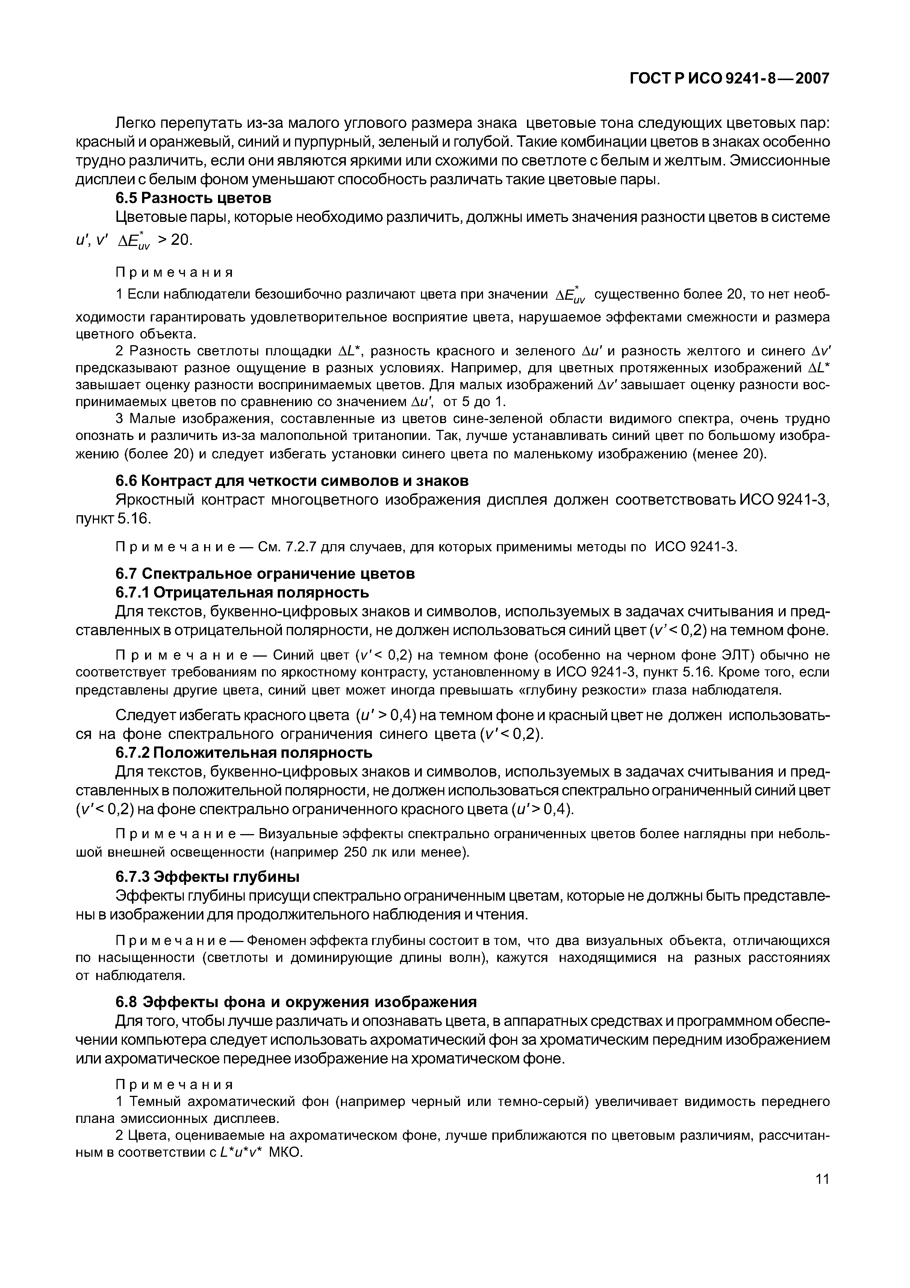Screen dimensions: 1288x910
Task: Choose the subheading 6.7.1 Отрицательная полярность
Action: tap(242, 592)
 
